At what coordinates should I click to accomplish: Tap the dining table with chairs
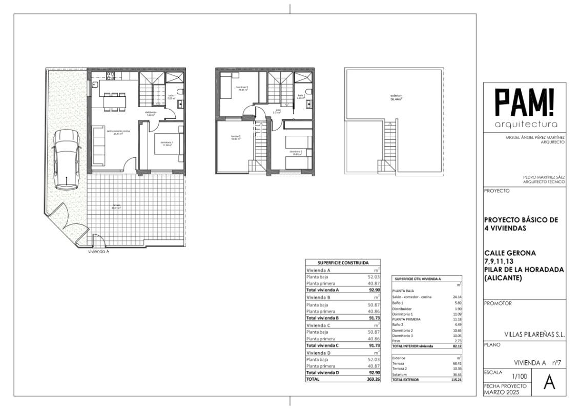(115, 102)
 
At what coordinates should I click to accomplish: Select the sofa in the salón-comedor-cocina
(98, 143)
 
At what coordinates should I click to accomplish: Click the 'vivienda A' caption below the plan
(99, 252)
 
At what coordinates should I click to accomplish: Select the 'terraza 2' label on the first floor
(236, 137)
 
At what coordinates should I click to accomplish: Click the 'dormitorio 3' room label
(242, 88)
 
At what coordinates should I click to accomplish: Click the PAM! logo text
(524, 104)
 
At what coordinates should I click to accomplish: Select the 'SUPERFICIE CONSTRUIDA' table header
(343, 262)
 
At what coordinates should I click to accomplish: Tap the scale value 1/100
(520, 377)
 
